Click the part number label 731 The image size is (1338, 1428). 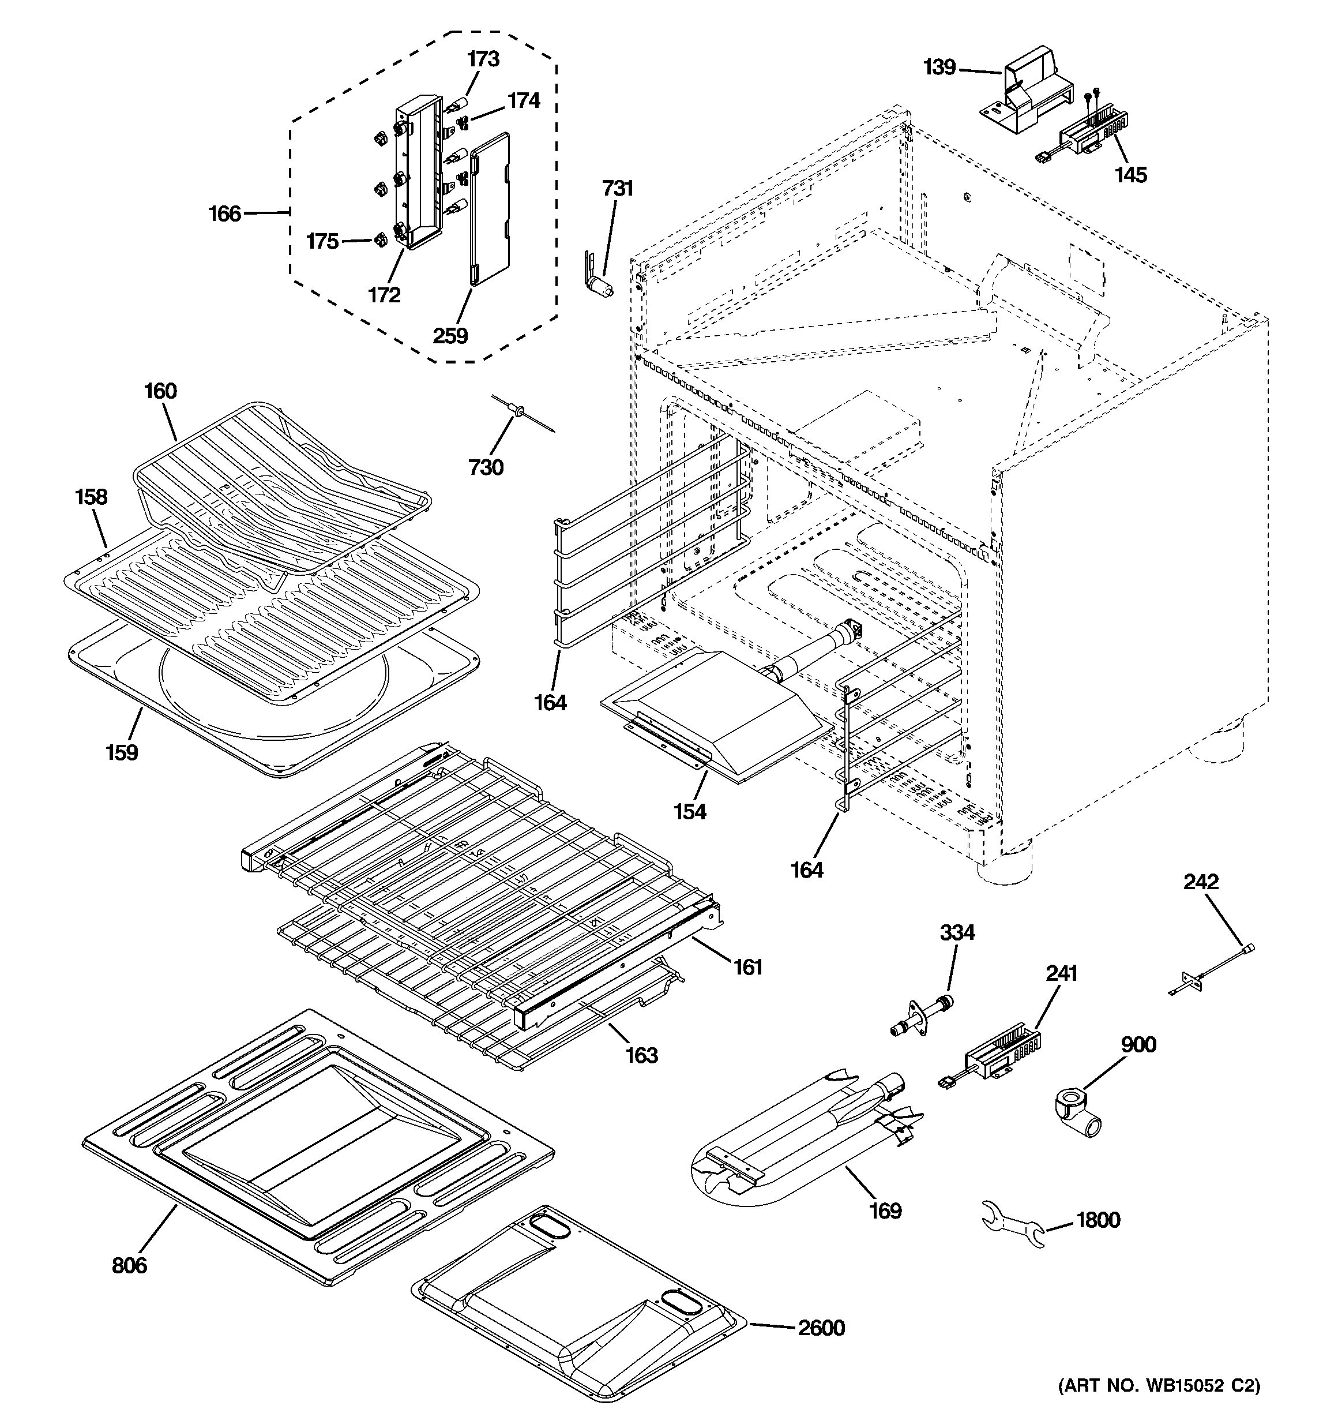[x=617, y=189]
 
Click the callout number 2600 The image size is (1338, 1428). [x=821, y=1328]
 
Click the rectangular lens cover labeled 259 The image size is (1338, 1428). [x=491, y=208]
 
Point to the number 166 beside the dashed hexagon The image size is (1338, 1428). [x=224, y=214]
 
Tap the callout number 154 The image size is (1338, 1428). [x=689, y=812]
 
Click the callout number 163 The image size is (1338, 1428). [x=641, y=1055]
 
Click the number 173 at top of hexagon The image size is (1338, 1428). [x=483, y=59]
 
